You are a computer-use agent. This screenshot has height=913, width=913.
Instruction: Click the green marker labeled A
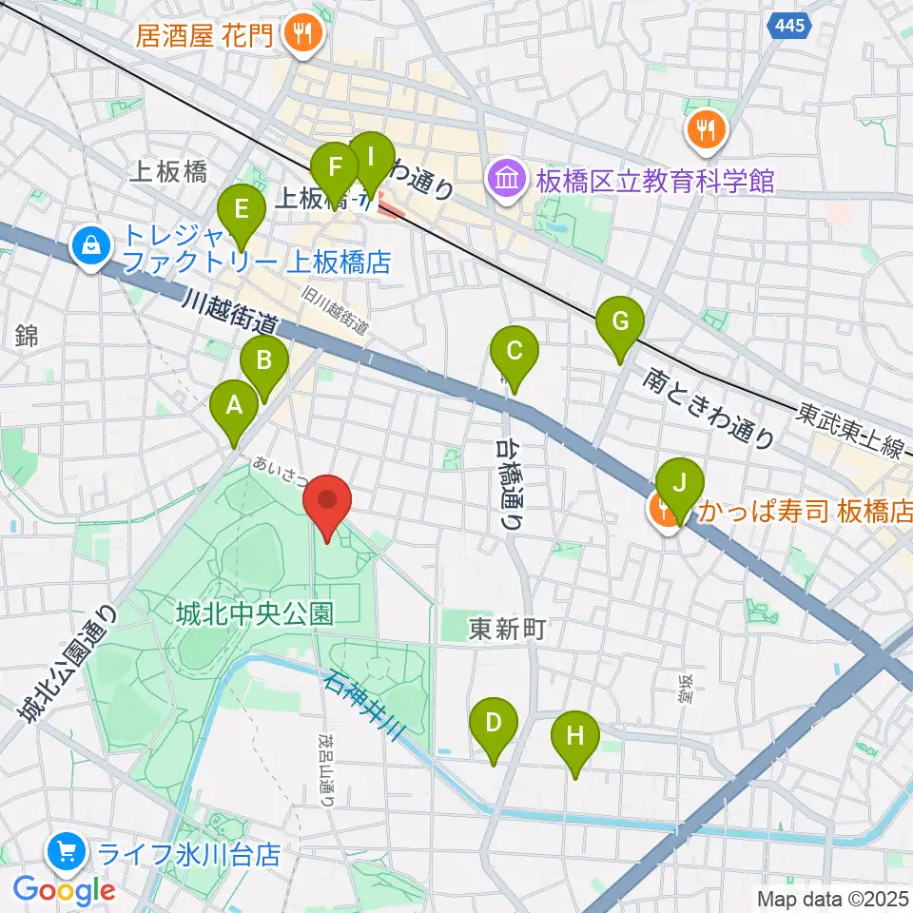coord(233,408)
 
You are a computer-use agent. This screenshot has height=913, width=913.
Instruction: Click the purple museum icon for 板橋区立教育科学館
coord(505,178)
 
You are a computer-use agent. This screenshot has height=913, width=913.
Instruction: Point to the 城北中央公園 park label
coord(253,614)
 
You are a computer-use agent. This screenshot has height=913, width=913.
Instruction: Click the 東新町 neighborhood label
coord(508,629)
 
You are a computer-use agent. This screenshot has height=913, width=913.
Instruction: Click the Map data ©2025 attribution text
coord(833,898)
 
